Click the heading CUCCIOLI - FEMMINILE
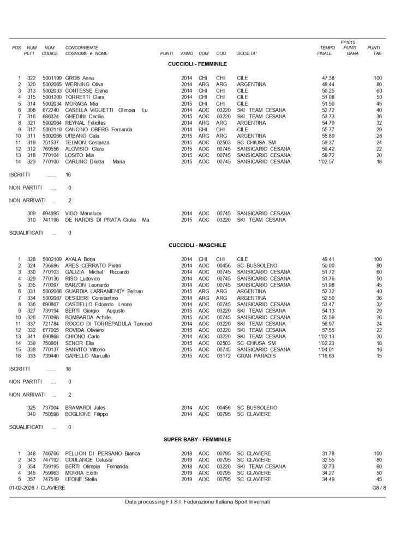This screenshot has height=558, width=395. click(x=197, y=64)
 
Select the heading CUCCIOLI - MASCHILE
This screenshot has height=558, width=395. click(x=197, y=245)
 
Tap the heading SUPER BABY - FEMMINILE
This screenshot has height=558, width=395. click(x=197, y=439)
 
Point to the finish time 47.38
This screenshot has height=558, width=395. click(x=328, y=78)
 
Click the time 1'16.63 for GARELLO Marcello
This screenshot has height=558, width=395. click(x=327, y=356)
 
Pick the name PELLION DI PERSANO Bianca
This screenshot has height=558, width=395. click(x=103, y=453)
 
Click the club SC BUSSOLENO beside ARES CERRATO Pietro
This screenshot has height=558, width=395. click(x=258, y=265)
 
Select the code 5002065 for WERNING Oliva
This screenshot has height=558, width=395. click(x=52, y=84)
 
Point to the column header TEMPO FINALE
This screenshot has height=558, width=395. click(x=325, y=51)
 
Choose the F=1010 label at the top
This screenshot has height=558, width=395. click(x=349, y=42)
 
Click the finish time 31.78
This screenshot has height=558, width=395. click(x=328, y=453)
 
